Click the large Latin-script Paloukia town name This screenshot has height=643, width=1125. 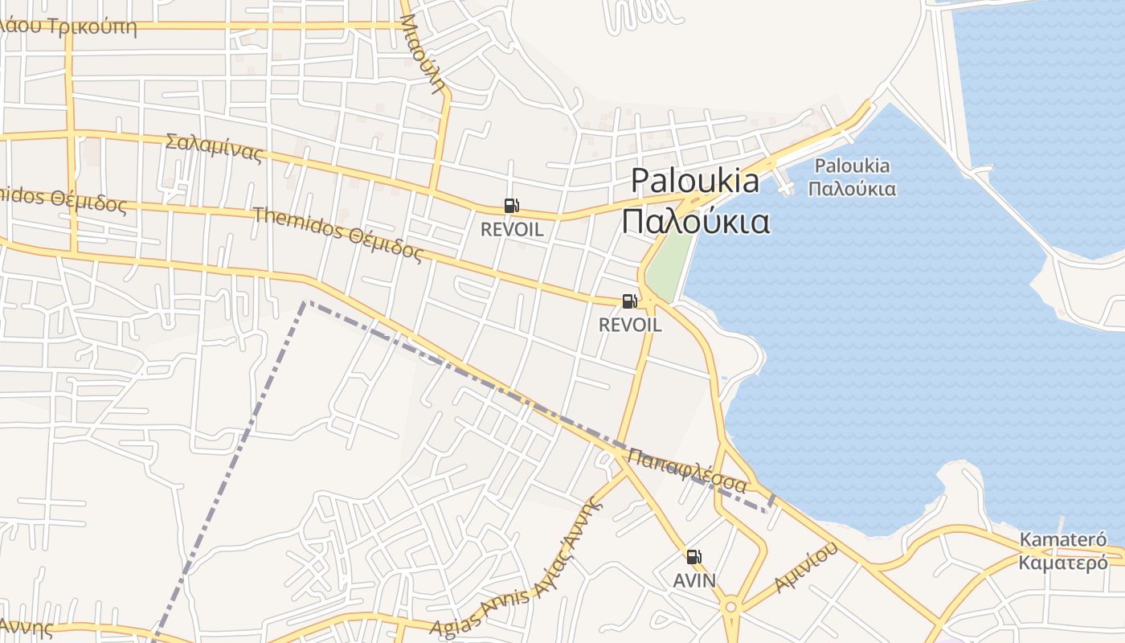click(x=694, y=181)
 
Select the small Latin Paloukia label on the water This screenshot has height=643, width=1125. click(x=852, y=166)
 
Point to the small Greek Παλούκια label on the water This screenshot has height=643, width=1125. click(x=852, y=190)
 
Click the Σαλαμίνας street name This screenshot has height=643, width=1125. click(x=214, y=147)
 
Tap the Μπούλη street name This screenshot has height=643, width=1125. click(x=423, y=53)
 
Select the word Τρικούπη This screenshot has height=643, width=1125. click(x=92, y=27)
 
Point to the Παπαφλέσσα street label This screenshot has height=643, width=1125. click(x=687, y=470)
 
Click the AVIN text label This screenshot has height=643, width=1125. click(x=694, y=580)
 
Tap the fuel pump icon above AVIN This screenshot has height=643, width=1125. click(x=693, y=556)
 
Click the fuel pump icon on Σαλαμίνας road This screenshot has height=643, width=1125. click(x=511, y=206)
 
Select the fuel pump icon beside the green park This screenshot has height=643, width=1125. click(x=629, y=301)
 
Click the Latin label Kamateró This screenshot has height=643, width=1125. click(x=1062, y=539)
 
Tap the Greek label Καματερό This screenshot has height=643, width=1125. click(x=1062, y=563)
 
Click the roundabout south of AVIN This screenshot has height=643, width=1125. click(x=730, y=607)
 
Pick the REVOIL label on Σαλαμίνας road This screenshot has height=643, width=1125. click(x=512, y=229)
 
